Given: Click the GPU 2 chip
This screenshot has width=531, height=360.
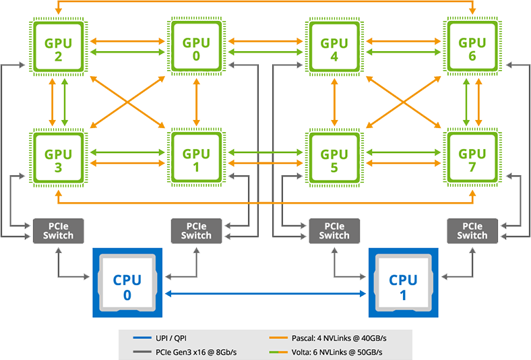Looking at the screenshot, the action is point(58,47).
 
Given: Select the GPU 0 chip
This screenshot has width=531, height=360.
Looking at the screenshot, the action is point(196,47).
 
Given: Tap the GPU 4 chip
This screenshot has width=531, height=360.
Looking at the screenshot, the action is point(334,47).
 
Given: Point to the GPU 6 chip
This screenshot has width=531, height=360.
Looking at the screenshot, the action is point(472,47).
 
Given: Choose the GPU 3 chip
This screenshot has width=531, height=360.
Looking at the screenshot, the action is point(58,158).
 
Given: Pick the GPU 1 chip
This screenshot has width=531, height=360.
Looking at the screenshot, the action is point(196,158).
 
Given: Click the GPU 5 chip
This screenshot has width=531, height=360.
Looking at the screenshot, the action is point(334,158).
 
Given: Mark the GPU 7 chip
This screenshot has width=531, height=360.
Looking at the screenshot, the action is point(472,158).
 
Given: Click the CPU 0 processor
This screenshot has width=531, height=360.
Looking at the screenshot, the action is point(127,282).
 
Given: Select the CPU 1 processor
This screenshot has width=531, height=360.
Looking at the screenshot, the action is point(404,282).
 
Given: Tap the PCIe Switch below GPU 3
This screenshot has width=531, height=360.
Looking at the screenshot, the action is point(58,231).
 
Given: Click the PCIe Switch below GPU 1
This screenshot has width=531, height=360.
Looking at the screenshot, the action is point(196,231).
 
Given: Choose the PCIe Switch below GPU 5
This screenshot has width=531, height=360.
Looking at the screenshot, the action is point(334,231).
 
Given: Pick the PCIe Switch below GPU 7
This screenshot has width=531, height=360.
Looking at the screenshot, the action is point(472,231).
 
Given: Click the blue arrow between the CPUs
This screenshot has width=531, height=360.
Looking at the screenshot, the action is point(265,294).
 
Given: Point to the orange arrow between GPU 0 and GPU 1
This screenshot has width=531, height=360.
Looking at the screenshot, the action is point(196,102).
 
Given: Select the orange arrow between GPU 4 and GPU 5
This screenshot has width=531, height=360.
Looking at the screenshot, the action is point(335,102).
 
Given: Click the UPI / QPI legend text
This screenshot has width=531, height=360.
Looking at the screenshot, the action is point(171,338).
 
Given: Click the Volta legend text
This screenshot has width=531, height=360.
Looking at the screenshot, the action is point(337,352).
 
